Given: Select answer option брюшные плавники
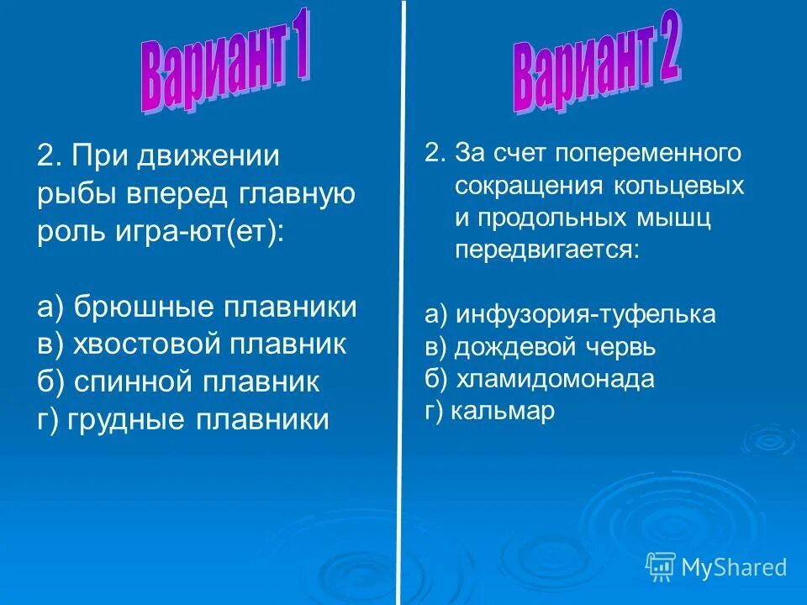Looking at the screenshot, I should (197, 307).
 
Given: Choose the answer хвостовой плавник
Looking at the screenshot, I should (192, 344).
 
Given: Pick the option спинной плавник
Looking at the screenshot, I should (178, 381).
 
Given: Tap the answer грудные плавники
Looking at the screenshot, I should (182, 418).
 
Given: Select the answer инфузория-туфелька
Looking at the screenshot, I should (570, 314).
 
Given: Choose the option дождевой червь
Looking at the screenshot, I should (540, 347).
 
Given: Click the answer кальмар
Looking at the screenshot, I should (490, 412).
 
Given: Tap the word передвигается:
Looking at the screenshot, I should (547, 250).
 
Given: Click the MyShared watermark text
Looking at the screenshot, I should (734, 567).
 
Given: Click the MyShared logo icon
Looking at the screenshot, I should (661, 566).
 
